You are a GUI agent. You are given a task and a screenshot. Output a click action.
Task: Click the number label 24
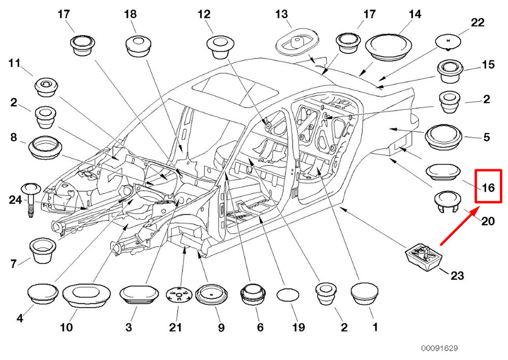click(16, 200)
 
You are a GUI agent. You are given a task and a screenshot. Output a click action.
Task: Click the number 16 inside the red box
click(488, 188)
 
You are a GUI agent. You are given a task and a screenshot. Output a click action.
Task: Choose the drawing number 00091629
click(439, 348)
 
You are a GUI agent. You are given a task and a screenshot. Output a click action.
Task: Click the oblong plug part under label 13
click(296, 43)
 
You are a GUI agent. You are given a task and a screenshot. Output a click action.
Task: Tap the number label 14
click(415, 14)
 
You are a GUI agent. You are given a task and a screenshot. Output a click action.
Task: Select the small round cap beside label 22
click(447, 42)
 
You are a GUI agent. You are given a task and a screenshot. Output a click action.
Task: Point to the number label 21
click(175, 328)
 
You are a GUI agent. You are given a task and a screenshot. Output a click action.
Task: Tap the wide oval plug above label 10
click(86, 295)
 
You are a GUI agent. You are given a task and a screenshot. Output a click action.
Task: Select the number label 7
click(14, 263)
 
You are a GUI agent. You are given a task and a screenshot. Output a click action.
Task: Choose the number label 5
click(486, 137)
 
